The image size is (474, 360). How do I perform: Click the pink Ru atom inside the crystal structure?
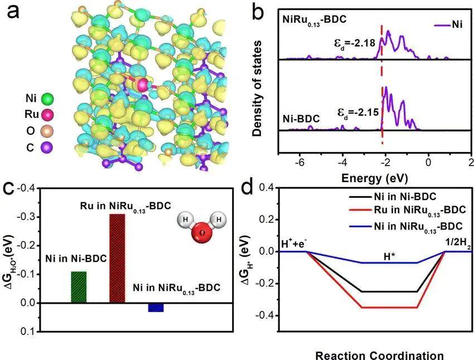coord(143,85)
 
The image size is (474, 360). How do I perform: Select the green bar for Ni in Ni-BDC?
coord(79,287)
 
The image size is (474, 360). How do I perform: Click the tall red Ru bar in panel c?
coord(117,258)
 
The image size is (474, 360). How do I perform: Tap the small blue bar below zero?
coord(156,307)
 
